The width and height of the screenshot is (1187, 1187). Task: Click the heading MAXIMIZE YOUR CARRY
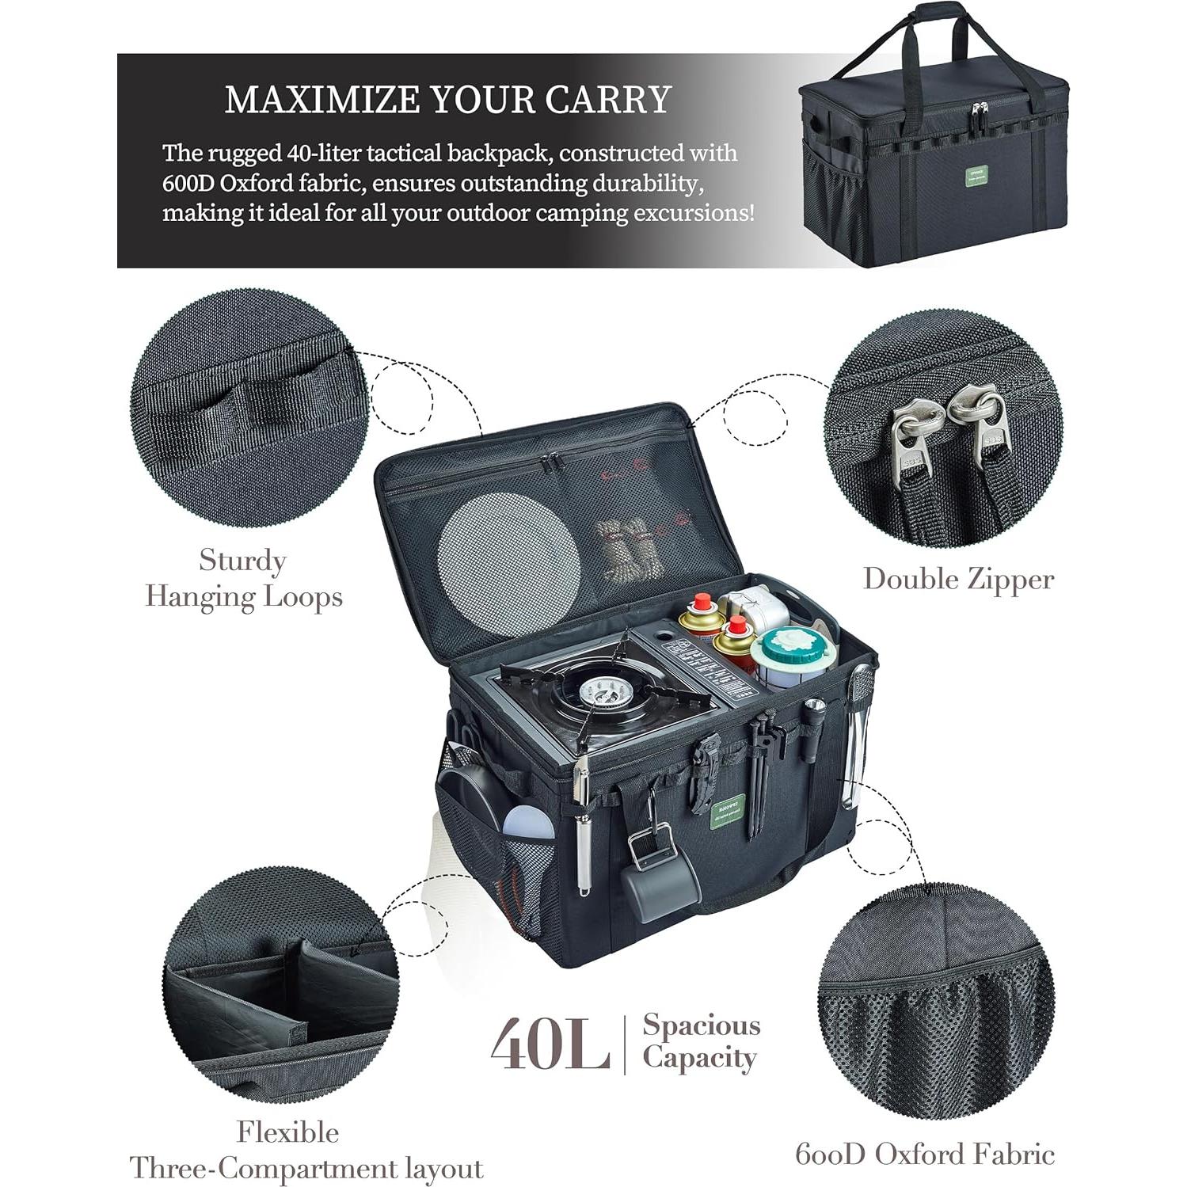point(447,100)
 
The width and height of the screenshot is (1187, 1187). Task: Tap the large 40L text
point(550,1044)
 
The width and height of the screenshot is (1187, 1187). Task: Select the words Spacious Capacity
point(700,1041)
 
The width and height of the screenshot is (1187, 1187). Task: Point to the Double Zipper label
point(958,579)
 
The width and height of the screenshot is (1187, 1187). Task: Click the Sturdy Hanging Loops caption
point(244,579)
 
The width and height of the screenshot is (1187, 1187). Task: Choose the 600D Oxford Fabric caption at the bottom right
point(925,1154)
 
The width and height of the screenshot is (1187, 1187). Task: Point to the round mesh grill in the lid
point(508,553)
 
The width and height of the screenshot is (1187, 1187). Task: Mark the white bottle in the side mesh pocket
point(527,824)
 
